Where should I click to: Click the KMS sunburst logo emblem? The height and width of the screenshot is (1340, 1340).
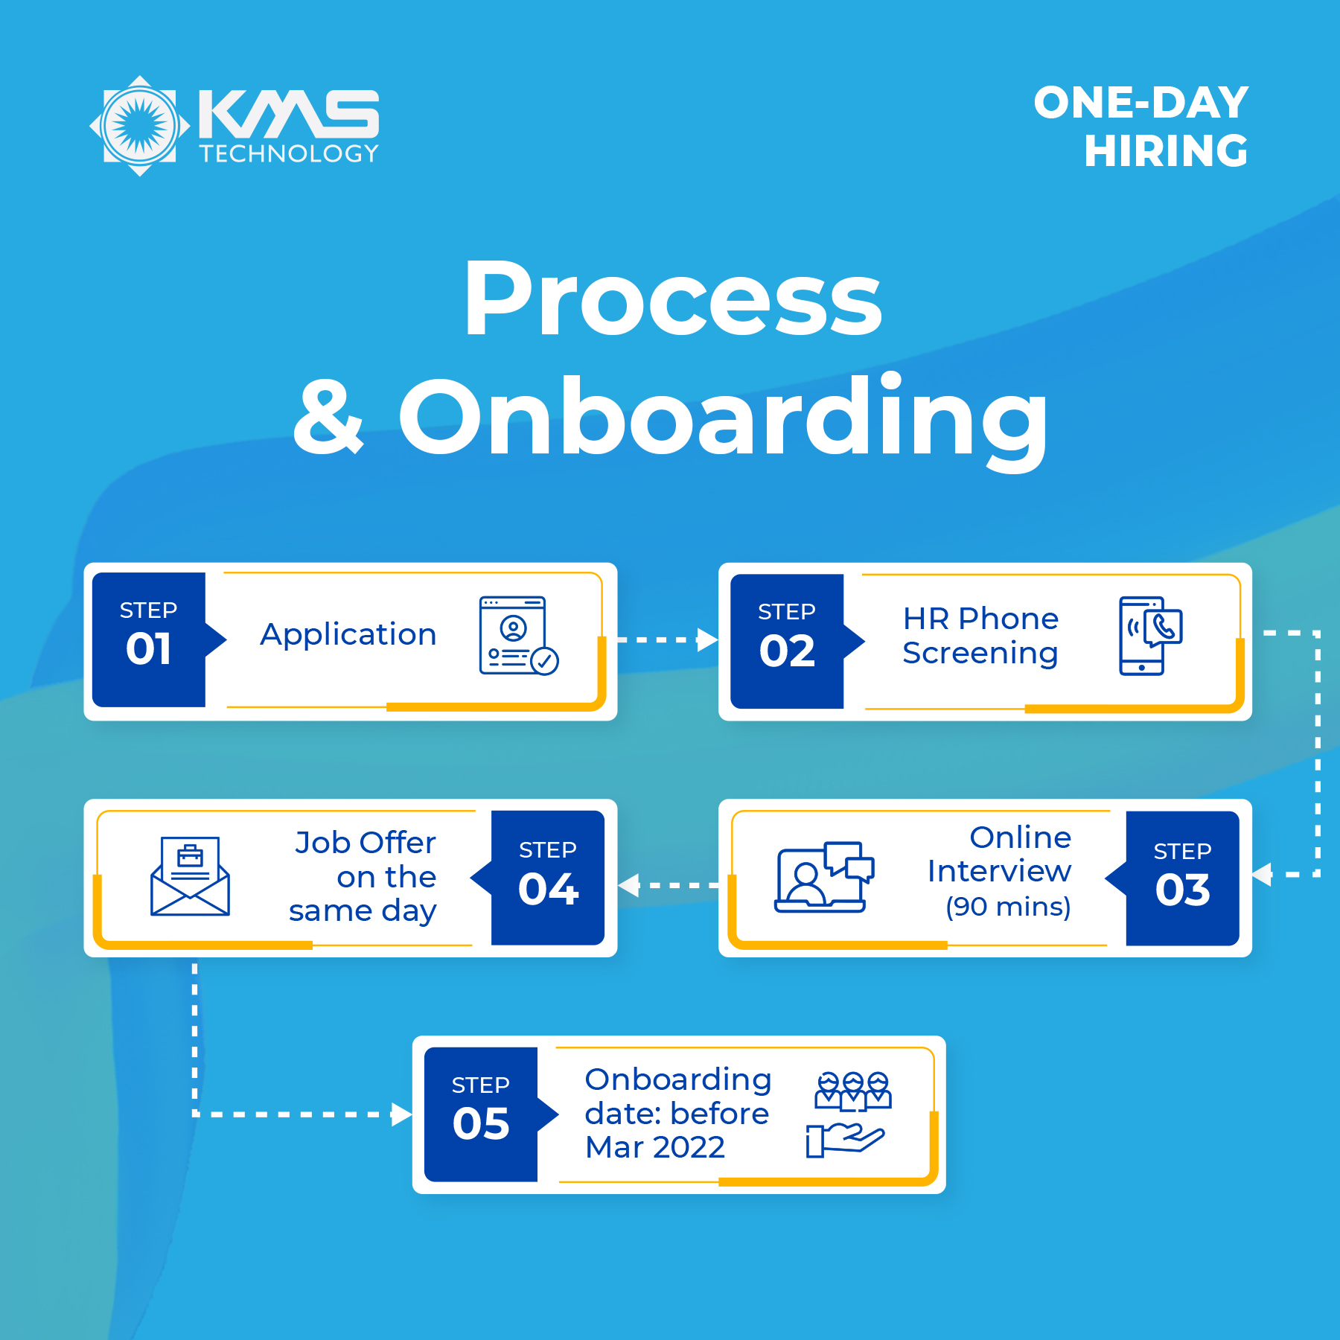(x=140, y=126)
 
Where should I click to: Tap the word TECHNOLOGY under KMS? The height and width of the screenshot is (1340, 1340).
(x=290, y=153)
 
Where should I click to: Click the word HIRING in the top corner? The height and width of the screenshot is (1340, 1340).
(x=1166, y=151)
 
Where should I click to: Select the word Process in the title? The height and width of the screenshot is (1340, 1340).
(x=673, y=299)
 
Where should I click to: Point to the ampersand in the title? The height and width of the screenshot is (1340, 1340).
(x=328, y=417)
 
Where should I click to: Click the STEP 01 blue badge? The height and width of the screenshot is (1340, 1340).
(x=149, y=639)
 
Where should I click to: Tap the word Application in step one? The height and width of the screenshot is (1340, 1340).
(x=348, y=634)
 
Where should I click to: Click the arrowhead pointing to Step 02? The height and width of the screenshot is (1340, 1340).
(x=707, y=639)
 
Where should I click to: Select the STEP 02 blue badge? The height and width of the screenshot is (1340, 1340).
(x=788, y=641)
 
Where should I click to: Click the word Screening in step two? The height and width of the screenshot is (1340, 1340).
(x=980, y=654)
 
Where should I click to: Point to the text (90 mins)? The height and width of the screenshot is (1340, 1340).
(x=1008, y=907)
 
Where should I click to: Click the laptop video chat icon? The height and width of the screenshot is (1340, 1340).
(x=824, y=877)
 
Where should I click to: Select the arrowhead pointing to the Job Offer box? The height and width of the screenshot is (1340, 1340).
(x=629, y=885)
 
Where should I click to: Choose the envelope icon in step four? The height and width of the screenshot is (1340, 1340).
(x=190, y=876)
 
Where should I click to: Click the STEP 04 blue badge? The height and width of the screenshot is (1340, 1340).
(x=548, y=878)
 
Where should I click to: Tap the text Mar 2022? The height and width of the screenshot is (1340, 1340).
(x=655, y=1147)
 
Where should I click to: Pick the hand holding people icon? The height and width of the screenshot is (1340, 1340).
(x=849, y=1114)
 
